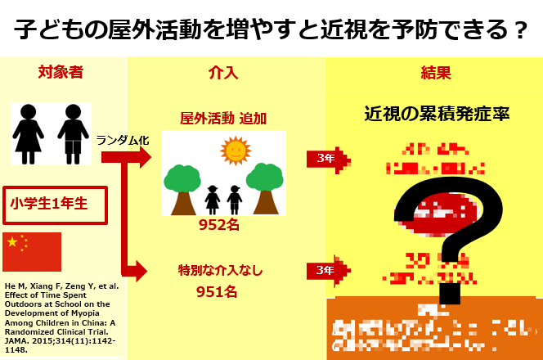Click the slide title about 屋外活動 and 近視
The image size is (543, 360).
271,29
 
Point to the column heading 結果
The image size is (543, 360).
434,72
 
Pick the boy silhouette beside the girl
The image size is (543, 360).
74,133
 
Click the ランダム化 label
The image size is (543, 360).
123,140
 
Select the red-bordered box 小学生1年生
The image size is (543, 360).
56,202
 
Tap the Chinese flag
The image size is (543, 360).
32,251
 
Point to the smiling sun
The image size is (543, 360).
235,150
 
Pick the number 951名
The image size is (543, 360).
217,290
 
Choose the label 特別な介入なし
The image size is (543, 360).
221,269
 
